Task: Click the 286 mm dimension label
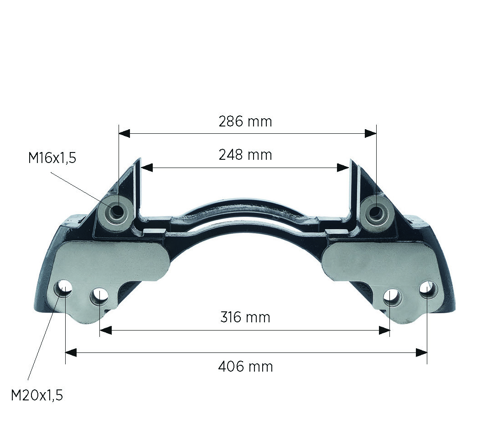pos(245,122)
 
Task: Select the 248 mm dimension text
pos(245,155)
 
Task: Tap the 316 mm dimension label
pos(245,317)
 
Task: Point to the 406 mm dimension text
pos(245,367)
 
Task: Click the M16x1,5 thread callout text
pos(52,158)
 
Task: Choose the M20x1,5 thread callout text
pos(37,395)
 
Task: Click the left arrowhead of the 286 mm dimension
pos(124,133)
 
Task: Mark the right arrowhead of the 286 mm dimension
pos(371,133)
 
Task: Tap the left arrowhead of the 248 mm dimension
pos(147,168)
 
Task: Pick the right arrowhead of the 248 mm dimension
pos(343,168)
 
